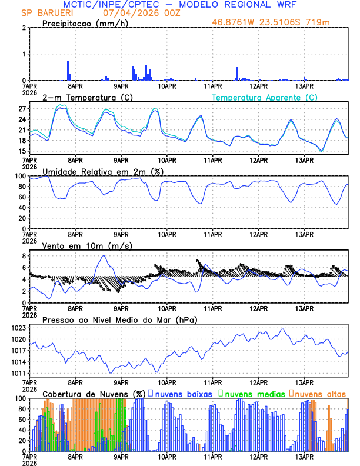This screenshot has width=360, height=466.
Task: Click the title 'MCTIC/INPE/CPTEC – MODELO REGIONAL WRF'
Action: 188,5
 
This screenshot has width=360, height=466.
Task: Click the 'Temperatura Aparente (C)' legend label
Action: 265,97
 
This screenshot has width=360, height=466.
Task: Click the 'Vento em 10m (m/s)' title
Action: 79,245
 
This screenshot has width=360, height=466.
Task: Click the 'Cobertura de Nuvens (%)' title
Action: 94,394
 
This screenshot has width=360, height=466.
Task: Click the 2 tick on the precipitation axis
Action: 24,28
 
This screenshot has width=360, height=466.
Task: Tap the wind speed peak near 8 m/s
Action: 104,255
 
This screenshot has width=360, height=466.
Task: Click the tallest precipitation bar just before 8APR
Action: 68,70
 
